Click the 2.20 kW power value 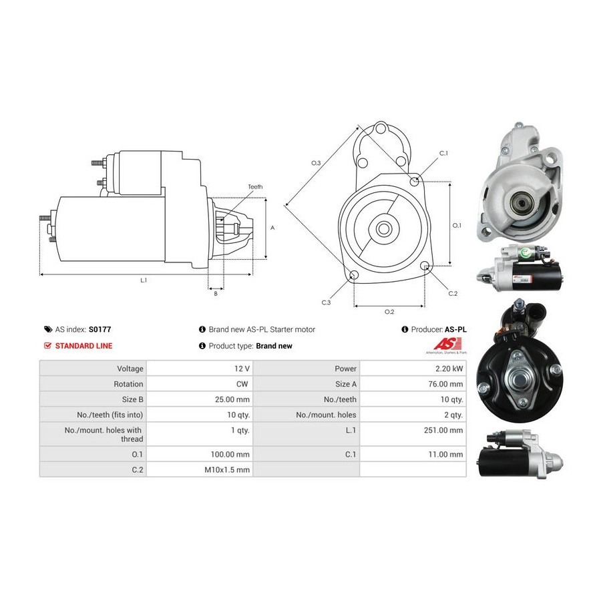pyautogui.click(x=449, y=369)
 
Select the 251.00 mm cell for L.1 pyautogui.click(x=443, y=430)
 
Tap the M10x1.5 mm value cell pyautogui.click(x=227, y=469)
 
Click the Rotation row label pyautogui.click(x=128, y=384)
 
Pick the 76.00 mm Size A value pyautogui.click(x=445, y=384)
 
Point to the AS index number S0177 pyautogui.click(x=99, y=329)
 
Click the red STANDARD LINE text pyautogui.click(x=83, y=346)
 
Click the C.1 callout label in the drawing pyautogui.click(x=443, y=154)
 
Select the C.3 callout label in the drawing pyautogui.click(x=326, y=303)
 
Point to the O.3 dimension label pyautogui.click(x=316, y=164)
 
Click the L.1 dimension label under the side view pyautogui.click(x=144, y=280)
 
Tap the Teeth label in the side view pyautogui.click(x=255, y=187)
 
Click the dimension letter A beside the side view pyautogui.click(x=272, y=228)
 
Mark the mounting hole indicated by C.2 pyautogui.click(x=424, y=266)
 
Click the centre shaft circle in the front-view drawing pyautogui.click(x=383, y=229)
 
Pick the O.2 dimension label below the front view pyautogui.click(x=389, y=312)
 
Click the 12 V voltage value pyautogui.click(x=242, y=369)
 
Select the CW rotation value pyautogui.click(x=242, y=384)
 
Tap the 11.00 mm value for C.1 pyautogui.click(x=445, y=455)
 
